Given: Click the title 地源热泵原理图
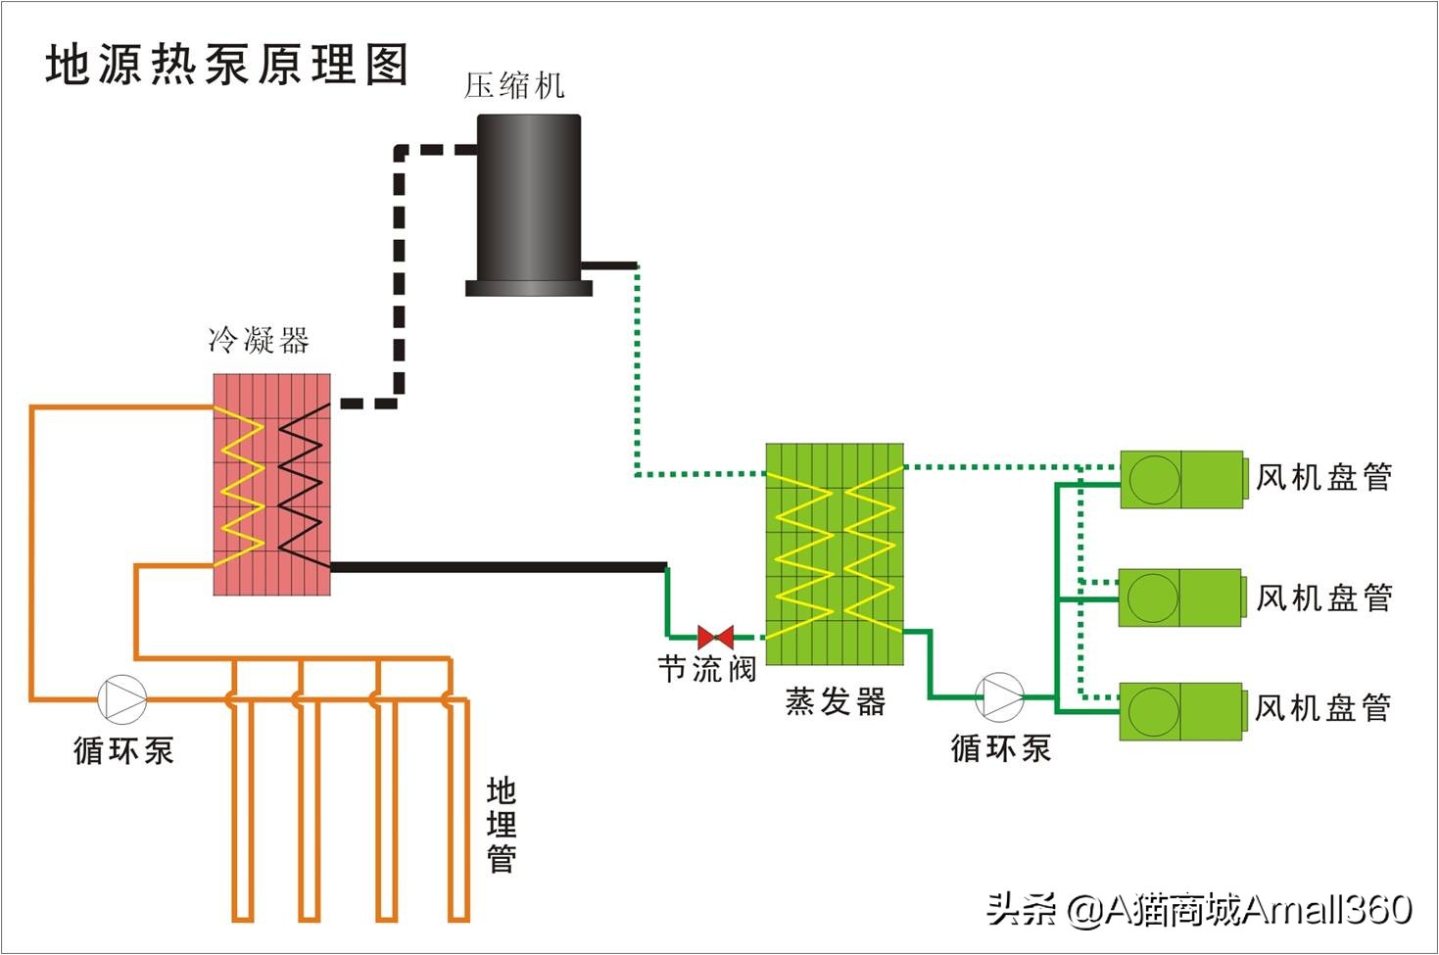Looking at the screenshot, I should pos(226,66).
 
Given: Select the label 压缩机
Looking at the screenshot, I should pos(514,86).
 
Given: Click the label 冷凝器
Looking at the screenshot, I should pos(259,341).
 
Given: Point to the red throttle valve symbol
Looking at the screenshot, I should pos(715,637).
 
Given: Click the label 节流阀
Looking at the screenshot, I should pos(706,670).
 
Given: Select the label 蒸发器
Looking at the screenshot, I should pos(836,701).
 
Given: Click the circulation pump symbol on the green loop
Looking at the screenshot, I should pos(1000,696).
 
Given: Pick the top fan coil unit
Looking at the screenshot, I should pos(1182,479).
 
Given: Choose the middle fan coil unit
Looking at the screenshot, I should pos(1181,597).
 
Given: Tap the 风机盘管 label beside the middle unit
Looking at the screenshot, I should pos(1323,597).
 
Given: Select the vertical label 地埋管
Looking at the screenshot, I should pos(502,825).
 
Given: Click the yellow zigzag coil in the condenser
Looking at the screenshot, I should pos(241,488).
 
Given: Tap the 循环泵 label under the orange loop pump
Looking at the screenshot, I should pos(123,751).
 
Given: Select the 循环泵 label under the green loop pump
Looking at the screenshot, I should pos(1000,749).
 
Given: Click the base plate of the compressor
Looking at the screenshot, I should pos(528,288).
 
